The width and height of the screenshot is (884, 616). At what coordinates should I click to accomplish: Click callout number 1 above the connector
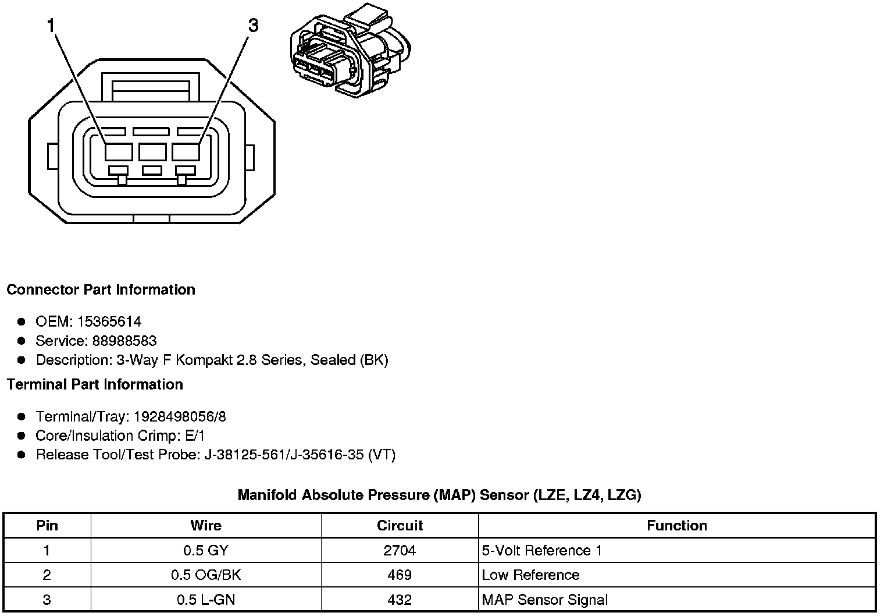tap(51, 26)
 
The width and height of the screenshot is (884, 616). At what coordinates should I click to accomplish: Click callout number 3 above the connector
tap(253, 26)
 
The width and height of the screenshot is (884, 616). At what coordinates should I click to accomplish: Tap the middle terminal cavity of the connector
tap(152, 152)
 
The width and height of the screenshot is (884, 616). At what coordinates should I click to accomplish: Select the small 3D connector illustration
tap(350, 53)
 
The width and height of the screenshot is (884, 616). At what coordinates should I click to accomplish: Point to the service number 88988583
tap(124, 341)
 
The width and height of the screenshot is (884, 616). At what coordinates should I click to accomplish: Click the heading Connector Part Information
tap(101, 290)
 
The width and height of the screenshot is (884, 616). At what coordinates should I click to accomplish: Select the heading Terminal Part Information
tap(95, 385)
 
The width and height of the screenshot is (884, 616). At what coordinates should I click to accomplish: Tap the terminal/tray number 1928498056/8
tap(180, 417)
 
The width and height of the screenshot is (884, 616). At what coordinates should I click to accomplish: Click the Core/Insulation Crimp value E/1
tap(194, 436)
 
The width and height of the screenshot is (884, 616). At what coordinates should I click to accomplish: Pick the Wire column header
tap(206, 526)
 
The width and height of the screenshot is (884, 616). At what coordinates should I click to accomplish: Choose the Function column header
tap(676, 526)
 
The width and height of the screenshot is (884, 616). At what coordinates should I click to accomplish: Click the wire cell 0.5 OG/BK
tap(206, 575)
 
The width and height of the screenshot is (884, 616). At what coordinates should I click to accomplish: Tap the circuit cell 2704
tap(400, 551)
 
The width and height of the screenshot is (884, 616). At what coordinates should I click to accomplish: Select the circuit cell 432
tap(400, 600)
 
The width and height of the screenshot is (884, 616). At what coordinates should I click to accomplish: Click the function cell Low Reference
tap(530, 575)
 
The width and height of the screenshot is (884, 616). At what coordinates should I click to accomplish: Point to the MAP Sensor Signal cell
tap(544, 600)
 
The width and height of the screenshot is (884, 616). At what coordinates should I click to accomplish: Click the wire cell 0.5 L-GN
tap(206, 600)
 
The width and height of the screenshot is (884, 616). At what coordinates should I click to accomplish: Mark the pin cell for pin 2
tap(47, 575)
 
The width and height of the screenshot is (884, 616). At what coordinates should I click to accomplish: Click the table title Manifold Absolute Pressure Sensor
tap(439, 495)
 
